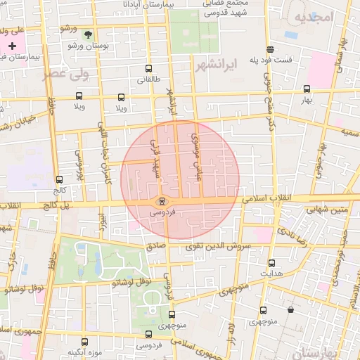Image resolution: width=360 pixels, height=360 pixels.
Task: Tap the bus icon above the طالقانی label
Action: (x=148, y=69)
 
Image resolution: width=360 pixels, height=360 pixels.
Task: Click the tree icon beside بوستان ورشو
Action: (x=87, y=34)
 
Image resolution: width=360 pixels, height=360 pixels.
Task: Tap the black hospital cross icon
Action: (x=12, y=46)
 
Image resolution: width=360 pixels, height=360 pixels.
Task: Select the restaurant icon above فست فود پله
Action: (x=270, y=49)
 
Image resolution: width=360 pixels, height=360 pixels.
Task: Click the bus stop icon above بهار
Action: (x=307, y=89)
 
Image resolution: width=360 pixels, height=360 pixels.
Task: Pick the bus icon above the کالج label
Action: (x=59, y=179)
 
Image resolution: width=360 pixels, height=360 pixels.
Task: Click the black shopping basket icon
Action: (x=290, y=310)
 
